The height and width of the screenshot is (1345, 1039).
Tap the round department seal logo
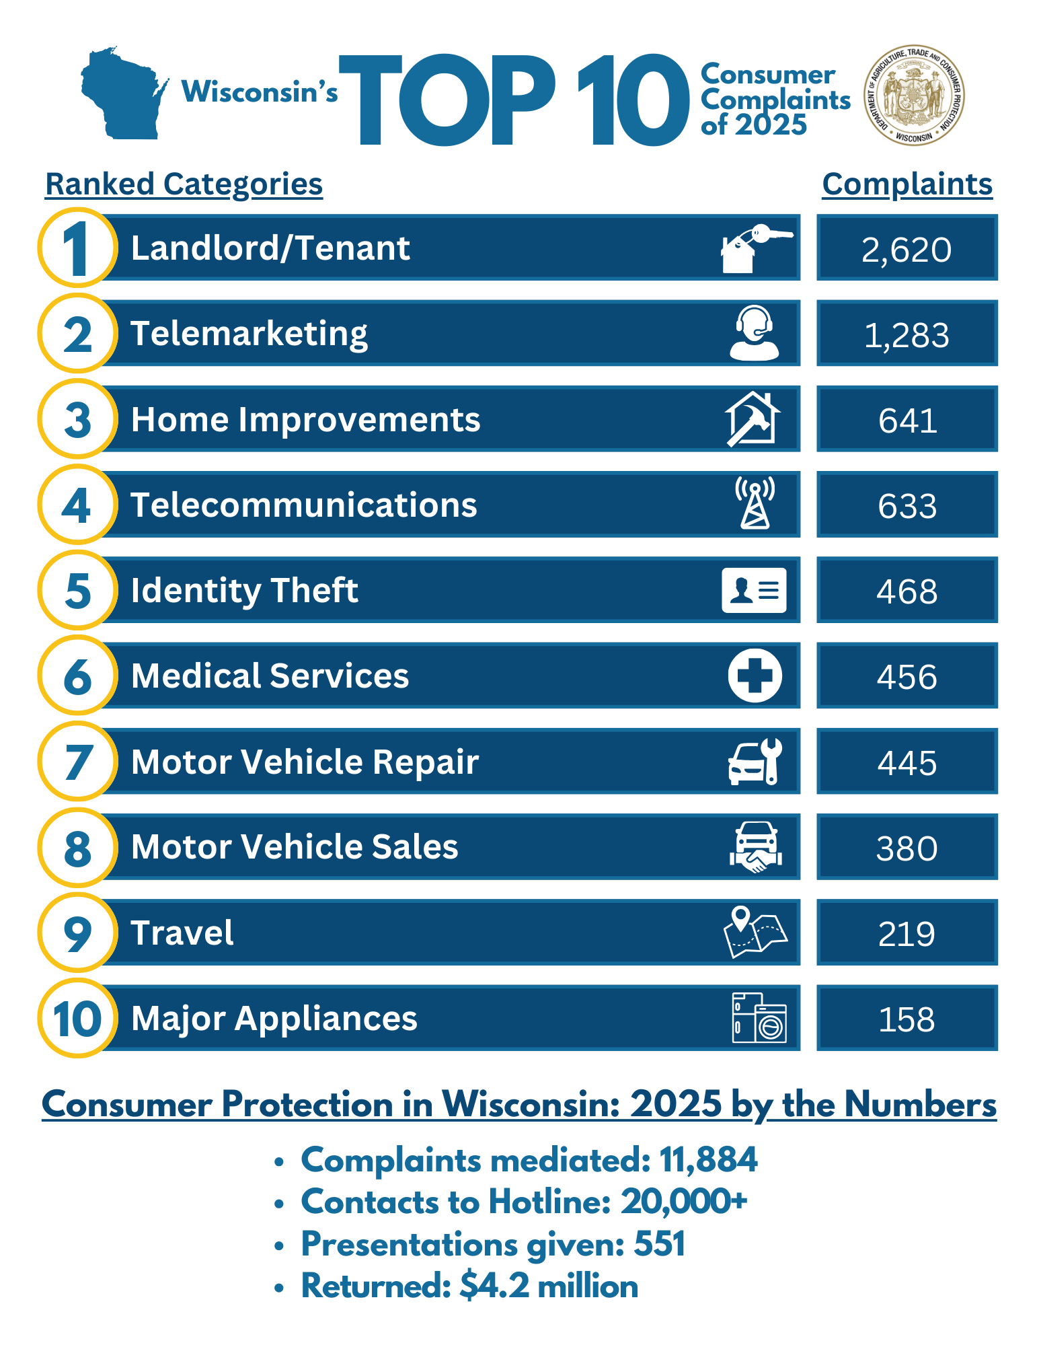(914, 96)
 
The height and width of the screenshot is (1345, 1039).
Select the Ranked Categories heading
(184, 184)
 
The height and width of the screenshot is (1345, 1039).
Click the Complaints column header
(907, 184)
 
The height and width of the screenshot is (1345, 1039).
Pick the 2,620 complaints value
(907, 250)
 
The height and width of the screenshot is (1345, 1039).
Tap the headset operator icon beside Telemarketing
(754, 333)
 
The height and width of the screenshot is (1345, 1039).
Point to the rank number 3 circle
(78, 419)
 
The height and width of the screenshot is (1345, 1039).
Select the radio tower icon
(755, 503)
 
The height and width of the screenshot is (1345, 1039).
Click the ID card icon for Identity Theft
(754, 590)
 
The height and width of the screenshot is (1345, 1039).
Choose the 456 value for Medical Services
(907, 676)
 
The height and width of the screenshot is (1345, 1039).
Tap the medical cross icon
(755, 676)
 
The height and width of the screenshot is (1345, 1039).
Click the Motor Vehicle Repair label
(305, 762)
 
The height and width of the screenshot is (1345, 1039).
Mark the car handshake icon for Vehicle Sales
(755, 847)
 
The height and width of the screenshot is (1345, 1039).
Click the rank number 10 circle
(78, 1018)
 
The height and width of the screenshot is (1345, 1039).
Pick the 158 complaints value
(907, 1019)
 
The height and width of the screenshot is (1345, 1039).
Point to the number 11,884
(708, 1160)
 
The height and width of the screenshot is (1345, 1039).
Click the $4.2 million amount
(549, 1286)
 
